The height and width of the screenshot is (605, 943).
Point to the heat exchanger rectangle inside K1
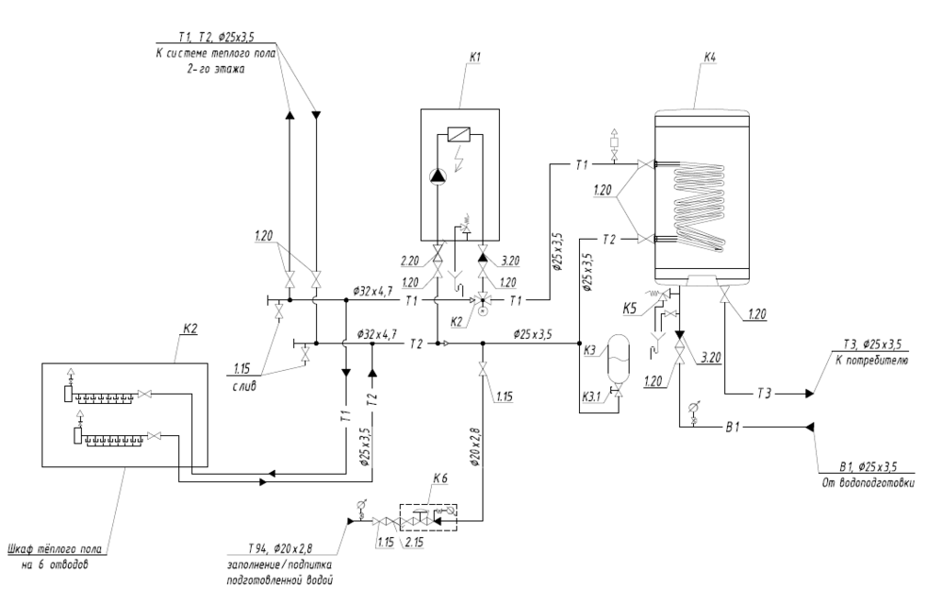click(x=458, y=135)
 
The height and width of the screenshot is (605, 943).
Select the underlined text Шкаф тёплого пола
click(x=57, y=547)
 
